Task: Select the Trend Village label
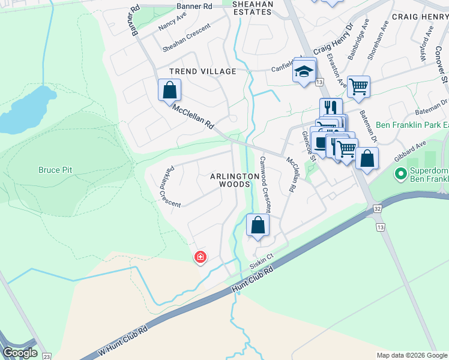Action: pyautogui.click(x=202, y=71)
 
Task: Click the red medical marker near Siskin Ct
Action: pyautogui.click(x=200, y=257)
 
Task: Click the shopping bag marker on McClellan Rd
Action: pyautogui.click(x=170, y=91)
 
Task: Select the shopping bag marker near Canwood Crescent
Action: pyautogui.click(x=258, y=226)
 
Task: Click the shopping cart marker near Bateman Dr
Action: pyautogui.click(x=358, y=86)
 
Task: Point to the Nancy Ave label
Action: pyautogui.click(x=173, y=23)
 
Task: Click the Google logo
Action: pyautogui.click(x=20, y=353)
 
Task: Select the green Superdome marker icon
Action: pyautogui.click(x=400, y=174)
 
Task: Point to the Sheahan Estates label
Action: pyautogui.click(x=252, y=8)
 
